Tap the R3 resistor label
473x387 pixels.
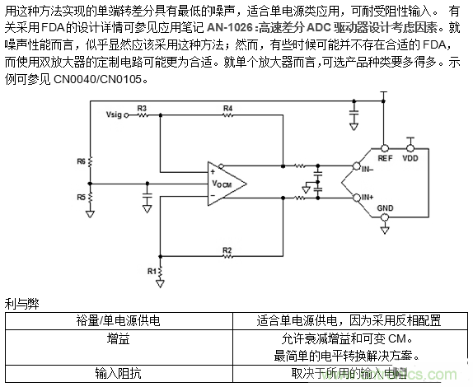(143, 108)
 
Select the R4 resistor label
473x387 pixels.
(227, 108)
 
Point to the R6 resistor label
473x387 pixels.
(81, 162)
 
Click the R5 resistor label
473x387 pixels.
(81, 198)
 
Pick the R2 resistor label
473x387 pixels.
(227, 249)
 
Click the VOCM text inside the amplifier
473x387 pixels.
(221, 184)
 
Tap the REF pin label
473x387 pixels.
(385, 156)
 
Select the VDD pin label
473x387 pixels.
(410, 156)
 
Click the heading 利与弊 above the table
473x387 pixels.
(21, 304)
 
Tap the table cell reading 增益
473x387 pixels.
(118, 338)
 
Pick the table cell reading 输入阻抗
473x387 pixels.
(118, 372)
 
